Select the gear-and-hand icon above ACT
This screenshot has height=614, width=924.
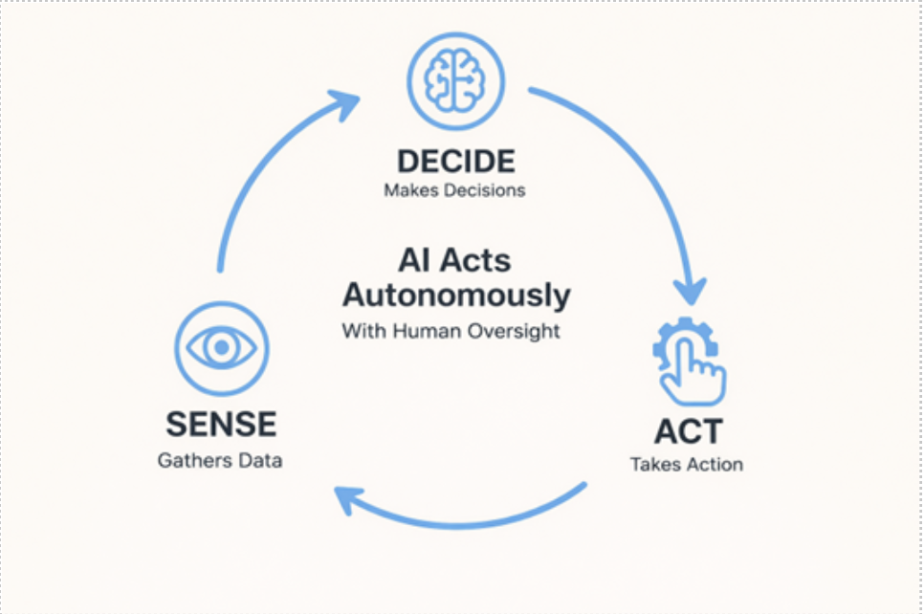click(689, 360)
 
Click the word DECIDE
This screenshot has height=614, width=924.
click(455, 161)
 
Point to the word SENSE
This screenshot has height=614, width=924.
click(221, 424)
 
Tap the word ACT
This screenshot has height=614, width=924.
click(688, 431)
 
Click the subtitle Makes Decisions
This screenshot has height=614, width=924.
click(454, 189)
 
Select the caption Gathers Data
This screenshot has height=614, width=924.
click(220, 460)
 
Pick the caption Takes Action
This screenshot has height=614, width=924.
click(686, 465)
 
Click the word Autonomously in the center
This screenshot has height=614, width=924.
click(456, 295)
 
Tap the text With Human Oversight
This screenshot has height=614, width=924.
click(451, 332)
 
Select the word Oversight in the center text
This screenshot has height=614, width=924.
click(516, 332)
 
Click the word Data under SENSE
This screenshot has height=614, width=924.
click(262, 460)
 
